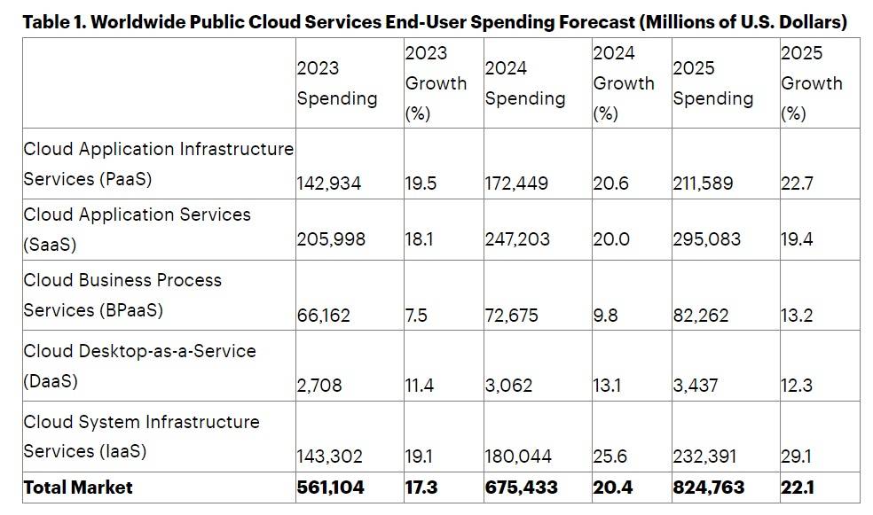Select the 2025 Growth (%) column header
[x=811, y=83]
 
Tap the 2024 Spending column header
[x=524, y=83]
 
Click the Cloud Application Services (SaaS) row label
[x=137, y=229]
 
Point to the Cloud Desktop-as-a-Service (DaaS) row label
[x=139, y=365]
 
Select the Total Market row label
[x=78, y=487]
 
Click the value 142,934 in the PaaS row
[x=329, y=183]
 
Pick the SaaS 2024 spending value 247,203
[x=517, y=239]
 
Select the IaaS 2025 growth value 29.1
[x=797, y=456]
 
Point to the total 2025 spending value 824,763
[x=709, y=487]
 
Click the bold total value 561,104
[x=331, y=487]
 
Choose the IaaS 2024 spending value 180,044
[x=518, y=456]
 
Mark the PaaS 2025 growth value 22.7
[x=797, y=183]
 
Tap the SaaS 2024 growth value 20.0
[x=610, y=239]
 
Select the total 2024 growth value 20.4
[x=611, y=487]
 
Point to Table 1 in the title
[x=53, y=22]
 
